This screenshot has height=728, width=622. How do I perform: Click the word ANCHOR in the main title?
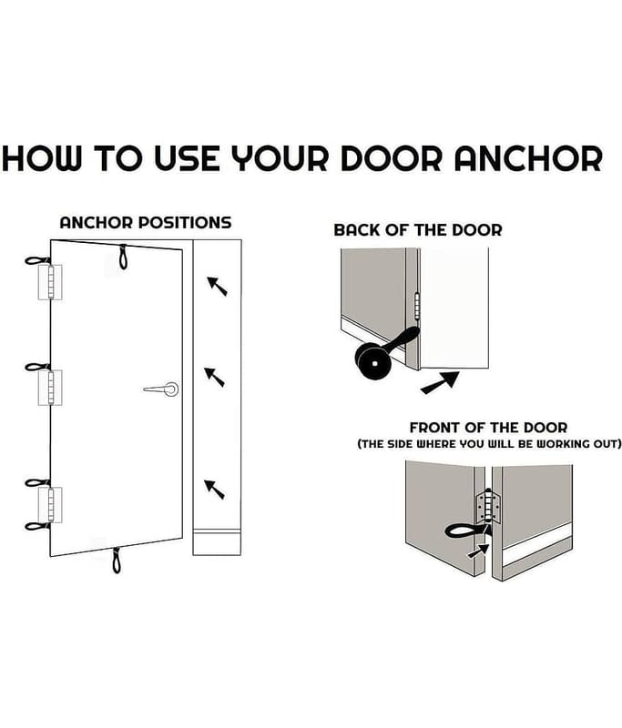click(528, 158)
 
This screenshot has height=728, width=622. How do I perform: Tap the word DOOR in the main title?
click(391, 158)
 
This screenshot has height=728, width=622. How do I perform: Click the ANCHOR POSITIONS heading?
click(146, 222)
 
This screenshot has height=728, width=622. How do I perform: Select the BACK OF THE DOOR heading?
click(418, 230)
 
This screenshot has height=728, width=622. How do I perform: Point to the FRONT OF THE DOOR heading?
click(488, 427)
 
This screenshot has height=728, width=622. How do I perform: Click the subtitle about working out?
click(489, 443)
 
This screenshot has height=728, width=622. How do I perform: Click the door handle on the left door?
click(161, 389)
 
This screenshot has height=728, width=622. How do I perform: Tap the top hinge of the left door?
click(50, 282)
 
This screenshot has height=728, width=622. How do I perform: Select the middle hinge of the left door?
click(50, 388)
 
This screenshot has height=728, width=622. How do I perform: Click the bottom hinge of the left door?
click(50, 505)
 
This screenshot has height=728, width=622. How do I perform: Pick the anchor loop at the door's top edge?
click(123, 257)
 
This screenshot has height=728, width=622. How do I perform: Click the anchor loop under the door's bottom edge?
click(117, 560)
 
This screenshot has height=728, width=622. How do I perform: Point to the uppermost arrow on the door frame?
click(217, 286)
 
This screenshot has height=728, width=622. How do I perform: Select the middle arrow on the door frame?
click(214, 377)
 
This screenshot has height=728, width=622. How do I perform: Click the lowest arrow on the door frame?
click(214, 490)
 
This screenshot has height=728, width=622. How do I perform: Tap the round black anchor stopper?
click(373, 362)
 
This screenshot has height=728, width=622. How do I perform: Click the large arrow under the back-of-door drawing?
click(440, 382)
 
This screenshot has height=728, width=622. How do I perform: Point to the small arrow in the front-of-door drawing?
click(478, 551)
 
